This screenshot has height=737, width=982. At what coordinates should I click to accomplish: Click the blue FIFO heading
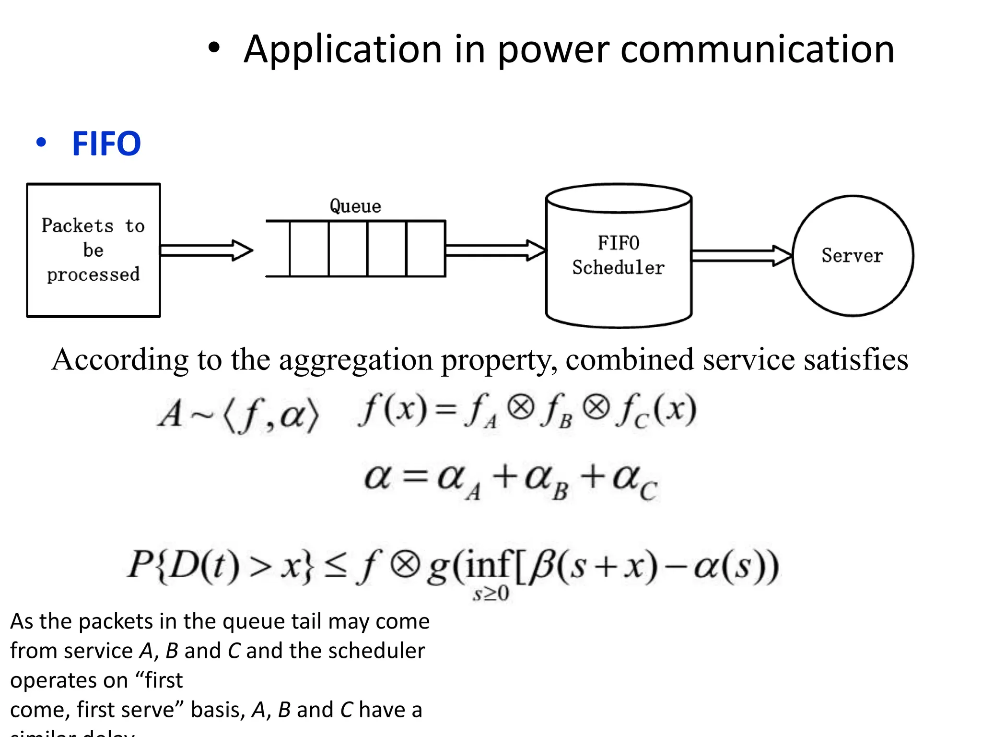pos(106,143)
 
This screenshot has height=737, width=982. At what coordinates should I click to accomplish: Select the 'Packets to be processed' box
pos(94,250)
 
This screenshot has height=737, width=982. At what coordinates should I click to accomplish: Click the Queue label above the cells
pos(355,206)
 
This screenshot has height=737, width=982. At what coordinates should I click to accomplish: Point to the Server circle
pos(853,256)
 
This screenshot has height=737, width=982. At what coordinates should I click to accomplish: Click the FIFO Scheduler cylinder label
pos(618,255)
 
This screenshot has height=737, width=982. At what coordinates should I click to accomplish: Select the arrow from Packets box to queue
pos(206,250)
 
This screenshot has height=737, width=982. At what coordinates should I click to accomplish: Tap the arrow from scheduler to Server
pos(741,256)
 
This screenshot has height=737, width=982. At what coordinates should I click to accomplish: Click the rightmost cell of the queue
pos(425,249)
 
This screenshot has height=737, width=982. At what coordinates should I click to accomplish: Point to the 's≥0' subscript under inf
pos(491,594)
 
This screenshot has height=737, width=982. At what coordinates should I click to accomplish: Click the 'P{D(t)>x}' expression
pos(221,566)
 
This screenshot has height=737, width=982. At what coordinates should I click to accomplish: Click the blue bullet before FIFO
pos(41,143)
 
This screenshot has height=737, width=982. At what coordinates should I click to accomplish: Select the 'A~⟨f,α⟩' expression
pos(238,414)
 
